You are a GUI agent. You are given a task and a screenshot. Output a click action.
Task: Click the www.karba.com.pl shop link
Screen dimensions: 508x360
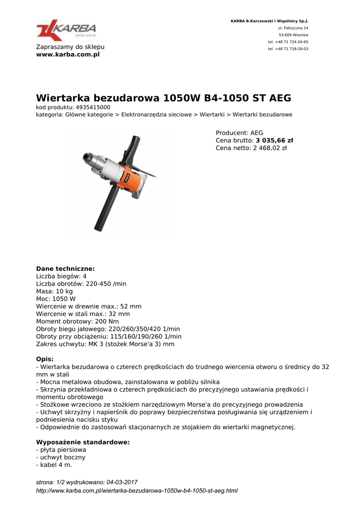click(x=68, y=55)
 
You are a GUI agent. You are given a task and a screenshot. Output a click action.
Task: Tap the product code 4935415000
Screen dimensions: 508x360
click(x=93, y=107)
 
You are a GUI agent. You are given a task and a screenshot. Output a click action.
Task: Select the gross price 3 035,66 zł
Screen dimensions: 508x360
click(x=274, y=140)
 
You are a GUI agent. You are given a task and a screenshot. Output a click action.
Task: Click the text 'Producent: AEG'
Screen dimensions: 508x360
click(x=239, y=133)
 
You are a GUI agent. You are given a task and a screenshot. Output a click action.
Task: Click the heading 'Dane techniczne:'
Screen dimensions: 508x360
click(x=65, y=269)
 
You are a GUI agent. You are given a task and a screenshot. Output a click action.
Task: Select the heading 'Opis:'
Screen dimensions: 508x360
click(x=45, y=359)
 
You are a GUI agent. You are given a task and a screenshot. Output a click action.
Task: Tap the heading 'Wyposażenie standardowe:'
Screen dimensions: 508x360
click(x=83, y=442)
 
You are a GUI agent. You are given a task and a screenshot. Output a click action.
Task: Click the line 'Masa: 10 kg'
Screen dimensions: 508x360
click(x=54, y=292)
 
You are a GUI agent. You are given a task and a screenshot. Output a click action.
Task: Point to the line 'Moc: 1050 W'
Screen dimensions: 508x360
click(x=56, y=299)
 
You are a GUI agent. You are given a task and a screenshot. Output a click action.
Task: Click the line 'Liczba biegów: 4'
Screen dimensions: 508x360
click(x=62, y=276)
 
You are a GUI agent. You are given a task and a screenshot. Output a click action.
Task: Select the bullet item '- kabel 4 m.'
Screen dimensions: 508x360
click(x=54, y=465)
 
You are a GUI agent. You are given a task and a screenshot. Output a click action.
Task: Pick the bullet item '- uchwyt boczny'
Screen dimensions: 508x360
click(x=61, y=457)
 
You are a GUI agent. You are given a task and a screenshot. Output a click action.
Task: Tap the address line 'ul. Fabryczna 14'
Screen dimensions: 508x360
click(x=293, y=28)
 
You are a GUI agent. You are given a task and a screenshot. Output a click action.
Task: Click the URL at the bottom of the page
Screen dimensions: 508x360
click(x=137, y=491)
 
